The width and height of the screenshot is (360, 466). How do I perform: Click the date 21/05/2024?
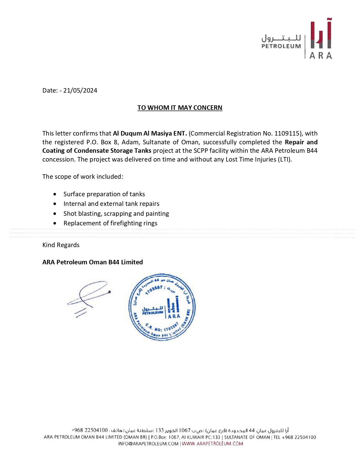pyautogui.click(x=80, y=90)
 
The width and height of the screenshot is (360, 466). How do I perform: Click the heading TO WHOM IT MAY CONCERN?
pyautogui.click(x=180, y=108)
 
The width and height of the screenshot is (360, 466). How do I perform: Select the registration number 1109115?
pyautogui.click(x=287, y=133)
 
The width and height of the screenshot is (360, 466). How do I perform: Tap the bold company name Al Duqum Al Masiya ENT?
pyautogui.click(x=150, y=133)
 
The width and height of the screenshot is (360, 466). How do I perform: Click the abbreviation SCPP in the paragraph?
pyautogui.click(x=201, y=151)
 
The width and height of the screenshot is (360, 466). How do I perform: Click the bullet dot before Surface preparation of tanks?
pyautogui.click(x=55, y=194)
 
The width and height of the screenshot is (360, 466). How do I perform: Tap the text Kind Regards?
pyautogui.click(x=61, y=245)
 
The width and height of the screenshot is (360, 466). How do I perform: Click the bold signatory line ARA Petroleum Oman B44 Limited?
pyautogui.click(x=93, y=262)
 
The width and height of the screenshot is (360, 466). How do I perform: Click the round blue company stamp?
pyautogui.click(x=162, y=307)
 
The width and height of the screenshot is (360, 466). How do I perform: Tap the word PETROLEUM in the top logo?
pyautogui.click(x=281, y=46)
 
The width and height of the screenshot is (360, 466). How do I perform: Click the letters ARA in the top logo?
pyautogui.click(x=321, y=55)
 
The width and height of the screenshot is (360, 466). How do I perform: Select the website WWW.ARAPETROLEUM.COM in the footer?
pyautogui.click(x=212, y=444)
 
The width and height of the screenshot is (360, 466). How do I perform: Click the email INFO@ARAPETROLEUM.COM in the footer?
pyautogui.click(x=148, y=444)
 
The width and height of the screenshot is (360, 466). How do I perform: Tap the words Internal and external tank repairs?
pyautogui.click(x=111, y=204)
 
